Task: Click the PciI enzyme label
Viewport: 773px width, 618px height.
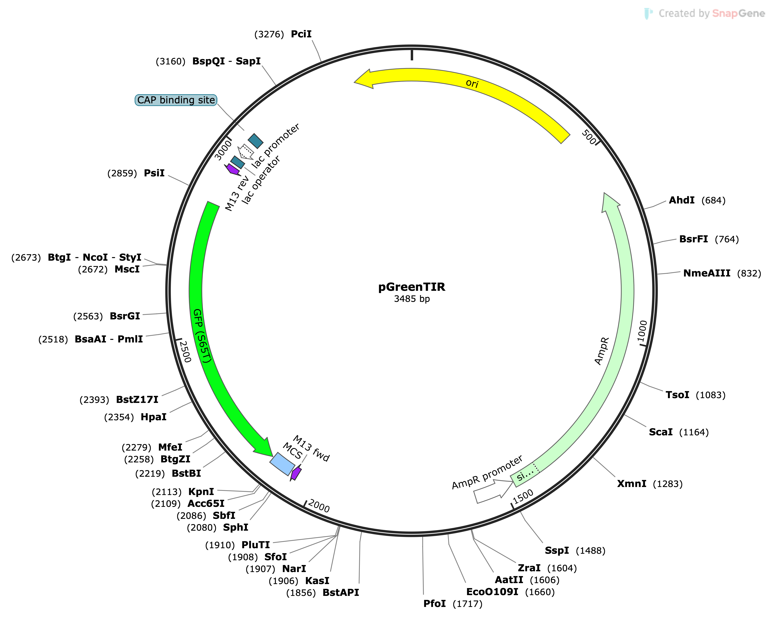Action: coord(301,34)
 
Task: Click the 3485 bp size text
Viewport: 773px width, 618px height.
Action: coord(412,299)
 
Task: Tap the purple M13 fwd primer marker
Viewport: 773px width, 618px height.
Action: coord(296,473)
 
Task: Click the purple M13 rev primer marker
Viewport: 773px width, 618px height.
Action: coord(232,169)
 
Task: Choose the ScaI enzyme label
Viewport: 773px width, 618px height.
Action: coord(661,432)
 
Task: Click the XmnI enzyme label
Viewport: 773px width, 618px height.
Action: coord(631,484)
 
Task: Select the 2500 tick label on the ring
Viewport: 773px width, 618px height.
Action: coord(185,351)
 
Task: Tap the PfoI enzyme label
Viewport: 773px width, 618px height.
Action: coord(434,604)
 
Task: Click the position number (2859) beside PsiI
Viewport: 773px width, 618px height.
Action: coord(122,174)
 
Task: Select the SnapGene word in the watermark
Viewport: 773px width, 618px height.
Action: coord(738,13)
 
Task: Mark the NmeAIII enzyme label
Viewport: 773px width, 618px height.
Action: coord(706,273)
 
